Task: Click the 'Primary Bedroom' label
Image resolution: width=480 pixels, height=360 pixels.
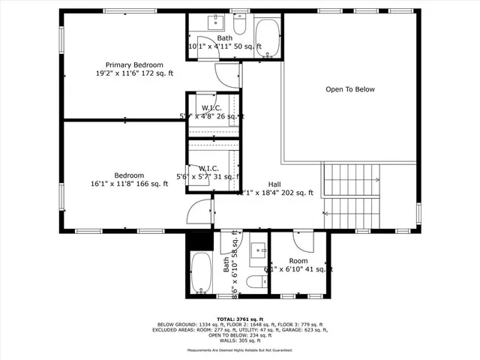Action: point(133,65)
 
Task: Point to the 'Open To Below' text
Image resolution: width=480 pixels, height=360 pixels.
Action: point(349,89)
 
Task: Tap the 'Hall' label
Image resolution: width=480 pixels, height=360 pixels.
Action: point(274,184)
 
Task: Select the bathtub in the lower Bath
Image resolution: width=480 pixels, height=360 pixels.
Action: point(201,273)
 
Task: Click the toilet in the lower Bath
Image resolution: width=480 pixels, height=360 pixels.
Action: point(254,282)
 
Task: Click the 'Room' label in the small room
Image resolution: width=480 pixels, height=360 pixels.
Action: point(298,261)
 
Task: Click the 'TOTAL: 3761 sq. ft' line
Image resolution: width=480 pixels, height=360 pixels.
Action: point(239,319)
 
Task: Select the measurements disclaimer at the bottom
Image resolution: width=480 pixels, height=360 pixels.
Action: point(239,349)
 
